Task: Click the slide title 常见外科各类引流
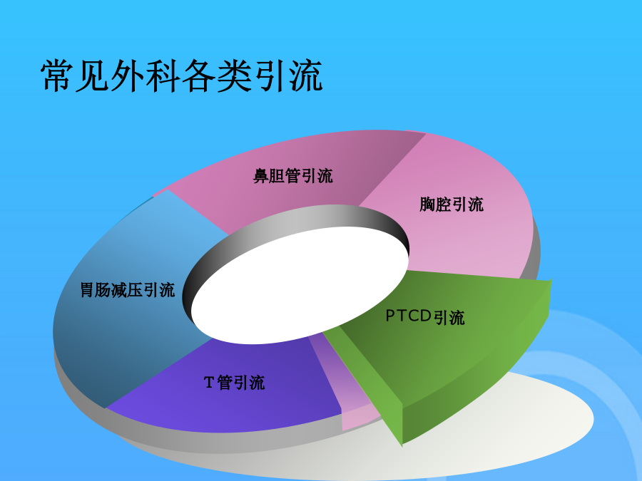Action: pos(182,76)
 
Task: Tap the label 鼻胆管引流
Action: pos(292,176)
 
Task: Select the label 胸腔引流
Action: pos(452,204)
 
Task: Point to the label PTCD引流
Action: pos(425,316)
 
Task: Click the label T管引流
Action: pos(234,383)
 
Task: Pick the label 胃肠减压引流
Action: pos(128,290)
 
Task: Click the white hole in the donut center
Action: pos(300,285)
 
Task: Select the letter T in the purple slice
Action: pos(208,383)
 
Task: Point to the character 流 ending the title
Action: pos(306,76)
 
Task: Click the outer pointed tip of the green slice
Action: pos(551,281)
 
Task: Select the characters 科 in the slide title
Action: pos(163,76)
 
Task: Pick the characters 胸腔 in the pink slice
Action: pos(435,204)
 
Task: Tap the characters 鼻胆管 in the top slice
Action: pos(276,176)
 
